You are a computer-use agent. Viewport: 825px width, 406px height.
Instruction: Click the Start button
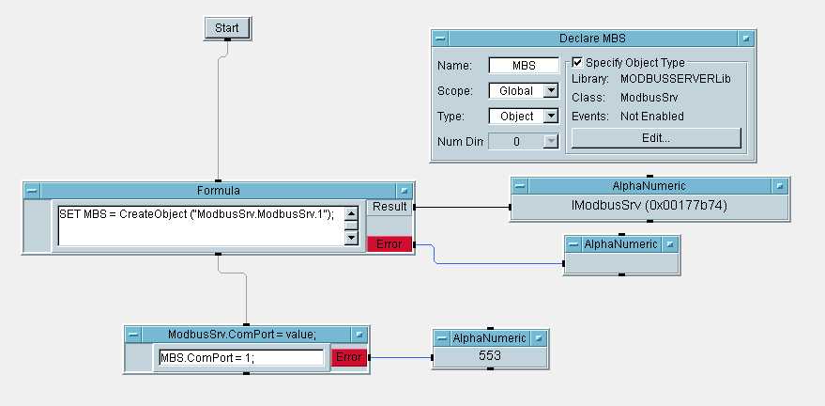tap(226, 28)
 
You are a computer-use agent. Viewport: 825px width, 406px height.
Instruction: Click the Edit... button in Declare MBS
tap(656, 138)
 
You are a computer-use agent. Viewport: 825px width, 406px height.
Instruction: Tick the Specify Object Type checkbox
tap(577, 62)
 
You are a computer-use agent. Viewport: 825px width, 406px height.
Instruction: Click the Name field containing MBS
tap(523, 67)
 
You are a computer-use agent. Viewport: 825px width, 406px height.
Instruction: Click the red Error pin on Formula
tap(388, 244)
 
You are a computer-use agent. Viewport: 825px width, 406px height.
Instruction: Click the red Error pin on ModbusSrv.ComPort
tap(347, 357)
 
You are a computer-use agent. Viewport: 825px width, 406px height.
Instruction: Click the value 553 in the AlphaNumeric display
tap(490, 356)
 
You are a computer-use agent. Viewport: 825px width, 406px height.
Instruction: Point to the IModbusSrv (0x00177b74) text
tap(649, 206)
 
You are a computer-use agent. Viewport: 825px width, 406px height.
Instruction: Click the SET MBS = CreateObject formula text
tap(197, 213)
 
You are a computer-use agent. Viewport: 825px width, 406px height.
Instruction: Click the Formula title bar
tap(218, 190)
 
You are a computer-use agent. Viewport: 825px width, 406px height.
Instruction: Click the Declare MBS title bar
tap(592, 39)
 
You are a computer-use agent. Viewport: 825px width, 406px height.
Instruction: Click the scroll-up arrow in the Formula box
tap(351, 212)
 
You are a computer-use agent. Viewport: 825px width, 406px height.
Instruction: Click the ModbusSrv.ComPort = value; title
tap(242, 334)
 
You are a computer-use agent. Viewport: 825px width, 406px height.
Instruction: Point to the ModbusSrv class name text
tap(649, 97)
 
